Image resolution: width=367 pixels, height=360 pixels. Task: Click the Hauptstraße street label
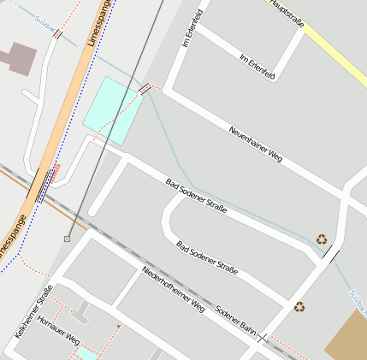coord(288,14)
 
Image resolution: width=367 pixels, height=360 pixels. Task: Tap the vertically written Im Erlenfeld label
coord(190,27)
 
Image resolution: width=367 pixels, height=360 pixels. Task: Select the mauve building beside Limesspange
coord(18,59)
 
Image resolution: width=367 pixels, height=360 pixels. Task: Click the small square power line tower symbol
coord(67,239)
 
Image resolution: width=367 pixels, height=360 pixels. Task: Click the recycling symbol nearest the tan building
coord(299,306)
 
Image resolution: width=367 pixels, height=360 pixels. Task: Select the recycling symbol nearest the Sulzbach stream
coord(322,239)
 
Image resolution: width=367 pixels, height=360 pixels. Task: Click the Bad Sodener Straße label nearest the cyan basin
coord(196,196)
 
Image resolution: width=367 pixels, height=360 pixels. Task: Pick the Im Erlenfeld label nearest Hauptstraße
coord(257,66)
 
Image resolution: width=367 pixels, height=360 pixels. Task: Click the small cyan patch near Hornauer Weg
coord(86,353)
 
